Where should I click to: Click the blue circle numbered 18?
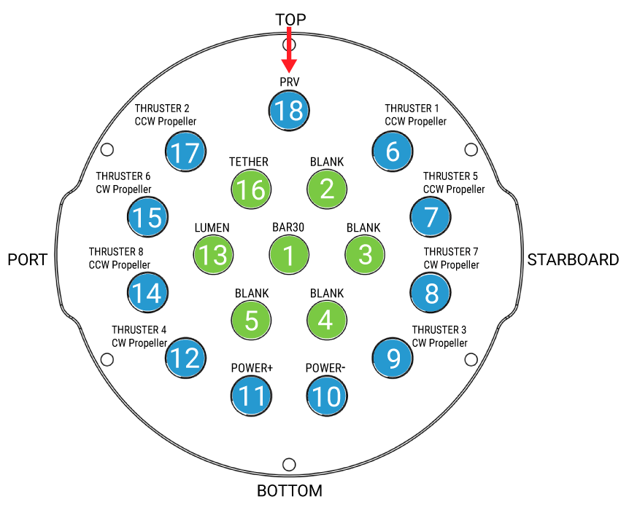pyautogui.click(x=290, y=111)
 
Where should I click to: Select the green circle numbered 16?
pyautogui.click(x=251, y=189)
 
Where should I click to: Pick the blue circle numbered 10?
pyautogui.click(x=326, y=396)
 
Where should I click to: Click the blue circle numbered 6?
pyautogui.click(x=393, y=152)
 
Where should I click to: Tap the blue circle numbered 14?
pyautogui.click(x=147, y=292)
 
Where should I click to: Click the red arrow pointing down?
pyautogui.click(x=290, y=48)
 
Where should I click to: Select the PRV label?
pyautogui.click(x=290, y=82)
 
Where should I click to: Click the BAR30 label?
pyautogui.click(x=288, y=227)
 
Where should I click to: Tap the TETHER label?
pyautogui.click(x=248, y=162)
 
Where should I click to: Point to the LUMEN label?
pyautogui.click(x=212, y=227)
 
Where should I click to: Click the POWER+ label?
pyautogui.click(x=252, y=368)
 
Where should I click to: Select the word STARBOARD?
pyautogui.click(x=573, y=260)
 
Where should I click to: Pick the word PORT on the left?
pyautogui.click(x=28, y=260)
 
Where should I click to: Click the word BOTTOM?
pyautogui.click(x=289, y=490)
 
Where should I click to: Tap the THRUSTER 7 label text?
pyautogui.click(x=451, y=251)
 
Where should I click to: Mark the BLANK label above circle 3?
pyautogui.click(x=363, y=227)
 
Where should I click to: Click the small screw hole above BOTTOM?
pyautogui.click(x=289, y=464)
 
